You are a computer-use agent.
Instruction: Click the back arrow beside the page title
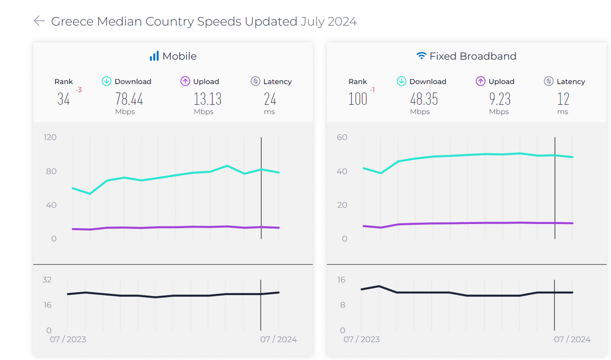[40, 21]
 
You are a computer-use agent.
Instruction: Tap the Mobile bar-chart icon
[154, 56]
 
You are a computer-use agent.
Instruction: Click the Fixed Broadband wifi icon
[421, 56]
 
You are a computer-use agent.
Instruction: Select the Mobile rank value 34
[63, 99]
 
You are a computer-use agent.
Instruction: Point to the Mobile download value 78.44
[129, 99]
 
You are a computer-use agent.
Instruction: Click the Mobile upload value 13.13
[208, 99]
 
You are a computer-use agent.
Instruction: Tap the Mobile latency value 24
[270, 99]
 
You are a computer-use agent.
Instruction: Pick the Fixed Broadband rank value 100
[358, 99]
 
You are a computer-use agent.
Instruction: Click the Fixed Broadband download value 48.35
[424, 99]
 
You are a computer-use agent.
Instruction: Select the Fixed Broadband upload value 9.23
[500, 99]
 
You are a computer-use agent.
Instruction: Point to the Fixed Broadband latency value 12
[563, 99]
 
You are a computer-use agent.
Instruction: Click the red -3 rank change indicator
[79, 90]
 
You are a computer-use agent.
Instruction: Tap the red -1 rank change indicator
[372, 90]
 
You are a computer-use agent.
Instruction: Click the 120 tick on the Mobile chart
[50, 138]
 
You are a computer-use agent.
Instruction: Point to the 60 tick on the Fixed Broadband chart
[342, 138]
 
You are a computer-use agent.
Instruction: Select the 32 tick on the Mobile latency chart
[47, 280]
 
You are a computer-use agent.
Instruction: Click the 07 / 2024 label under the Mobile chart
[278, 339]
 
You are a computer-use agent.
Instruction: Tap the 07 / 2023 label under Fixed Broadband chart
[362, 339]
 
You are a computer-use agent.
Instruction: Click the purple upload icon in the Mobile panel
[185, 81]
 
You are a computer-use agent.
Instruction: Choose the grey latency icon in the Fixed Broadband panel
[549, 81]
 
